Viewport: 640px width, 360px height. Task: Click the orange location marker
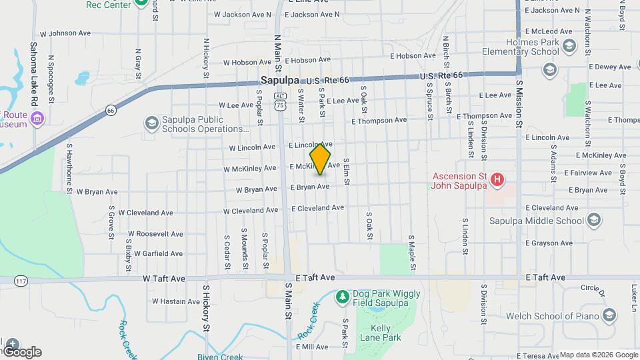(321, 159)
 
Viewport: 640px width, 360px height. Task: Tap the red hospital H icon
(496, 179)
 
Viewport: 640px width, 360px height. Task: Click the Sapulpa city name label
(277, 80)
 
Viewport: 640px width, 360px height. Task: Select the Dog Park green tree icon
(342, 295)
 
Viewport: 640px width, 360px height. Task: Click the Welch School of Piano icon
(608, 315)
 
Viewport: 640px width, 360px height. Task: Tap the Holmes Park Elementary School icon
(569, 45)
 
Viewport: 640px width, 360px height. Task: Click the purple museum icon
(38, 119)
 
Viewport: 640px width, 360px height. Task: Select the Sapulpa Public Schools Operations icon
(151, 123)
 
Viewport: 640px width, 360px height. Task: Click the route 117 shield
(5, 281)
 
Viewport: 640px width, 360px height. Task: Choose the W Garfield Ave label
(158, 253)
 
